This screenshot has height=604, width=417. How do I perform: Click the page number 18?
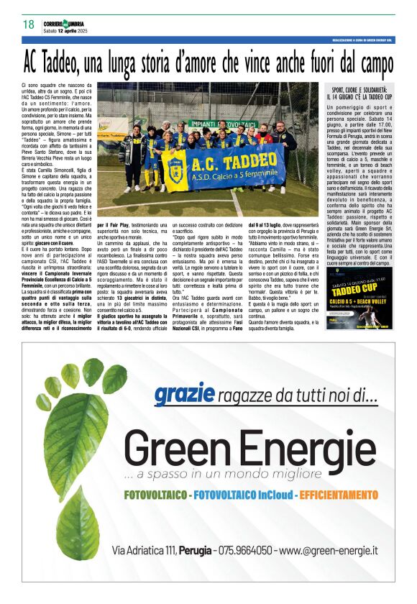pos(28,24)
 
